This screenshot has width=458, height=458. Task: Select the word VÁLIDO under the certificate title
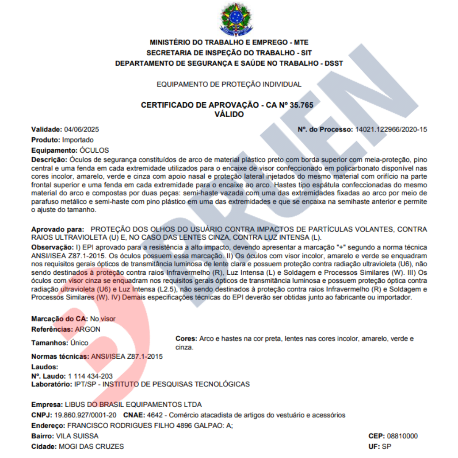tap(229, 114)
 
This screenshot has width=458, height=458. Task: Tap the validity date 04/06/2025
tap(81, 129)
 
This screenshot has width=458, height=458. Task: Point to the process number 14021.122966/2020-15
tap(391, 129)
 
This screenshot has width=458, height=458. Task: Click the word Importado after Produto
tap(78, 140)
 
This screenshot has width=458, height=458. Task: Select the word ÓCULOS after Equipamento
tap(94, 150)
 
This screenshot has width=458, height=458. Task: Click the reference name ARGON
tap(88, 329)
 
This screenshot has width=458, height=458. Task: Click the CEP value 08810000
tap(402, 436)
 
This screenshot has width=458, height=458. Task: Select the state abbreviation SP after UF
tap(386, 447)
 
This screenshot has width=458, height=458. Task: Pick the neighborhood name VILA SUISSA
tap(77, 436)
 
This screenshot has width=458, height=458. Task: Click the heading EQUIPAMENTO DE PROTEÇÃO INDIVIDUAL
tap(229, 84)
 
